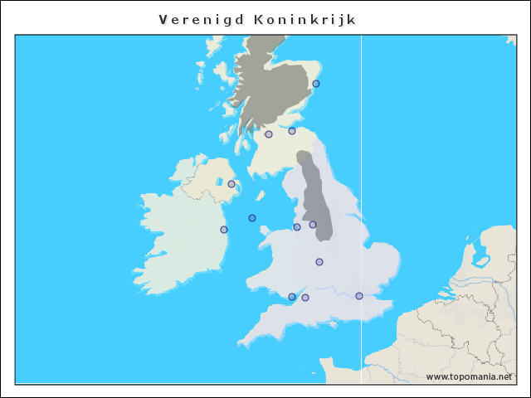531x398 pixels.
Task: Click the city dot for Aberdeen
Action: click(316, 84)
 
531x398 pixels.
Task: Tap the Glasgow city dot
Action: click(269, 134)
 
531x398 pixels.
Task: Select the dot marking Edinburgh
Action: click(292, 131)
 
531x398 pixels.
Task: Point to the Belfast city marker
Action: click(231, 184)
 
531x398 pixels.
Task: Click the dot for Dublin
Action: click(224, 230)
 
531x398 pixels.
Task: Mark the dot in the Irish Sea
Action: click(252, 218)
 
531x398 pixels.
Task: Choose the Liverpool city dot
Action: click(297, 227)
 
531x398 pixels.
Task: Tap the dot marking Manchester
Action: click(313, 225)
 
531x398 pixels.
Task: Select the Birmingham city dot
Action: click(319, 262)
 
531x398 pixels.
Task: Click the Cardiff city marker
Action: click(292, 297)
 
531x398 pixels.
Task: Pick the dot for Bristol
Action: click(305, 298)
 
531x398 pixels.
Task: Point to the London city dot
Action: click(359, 296)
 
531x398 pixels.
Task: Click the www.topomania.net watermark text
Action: click(469, 376)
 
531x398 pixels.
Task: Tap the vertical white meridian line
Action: click(361, 166)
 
